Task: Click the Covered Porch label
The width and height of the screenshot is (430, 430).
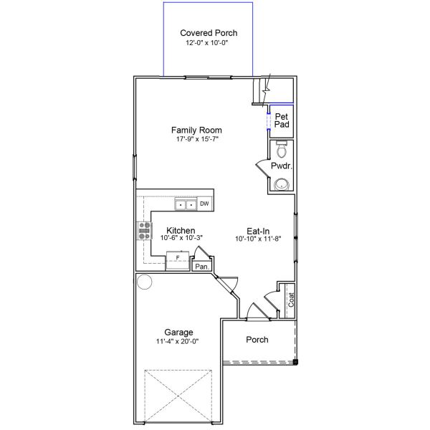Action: (x=209, y=33)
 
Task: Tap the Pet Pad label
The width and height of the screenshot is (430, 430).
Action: (x=282, y=120)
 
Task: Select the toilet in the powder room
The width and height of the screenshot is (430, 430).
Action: (x=282, y=150)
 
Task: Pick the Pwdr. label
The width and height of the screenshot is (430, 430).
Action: (x=280, y=166)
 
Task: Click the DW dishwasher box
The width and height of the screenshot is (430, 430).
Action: (x=204, y=204)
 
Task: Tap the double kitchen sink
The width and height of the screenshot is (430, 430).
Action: (x=186, y=205)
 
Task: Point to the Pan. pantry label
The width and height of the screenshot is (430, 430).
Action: (x=201, y=267)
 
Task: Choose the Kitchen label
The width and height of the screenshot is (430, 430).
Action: (x=181, y=231)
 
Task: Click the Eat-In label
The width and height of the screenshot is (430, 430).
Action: (x=258, y=231)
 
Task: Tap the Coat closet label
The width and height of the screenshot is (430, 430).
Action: (x=291, y=300)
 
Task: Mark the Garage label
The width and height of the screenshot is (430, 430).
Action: (x=179, y=333)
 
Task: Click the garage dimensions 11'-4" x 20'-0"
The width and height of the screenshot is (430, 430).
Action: (x=179, y=341)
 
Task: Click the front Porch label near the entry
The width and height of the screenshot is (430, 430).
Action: (x=257, y=340)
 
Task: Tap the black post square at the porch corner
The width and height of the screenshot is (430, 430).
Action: (x=295, y=363)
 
